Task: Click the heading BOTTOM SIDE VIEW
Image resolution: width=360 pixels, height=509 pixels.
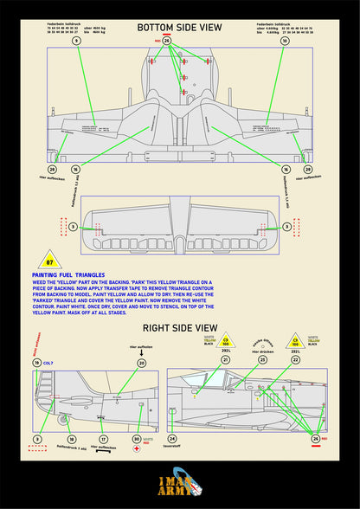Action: (x=179, y=28)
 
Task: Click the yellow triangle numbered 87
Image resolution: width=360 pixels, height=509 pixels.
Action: (x=49, y=261)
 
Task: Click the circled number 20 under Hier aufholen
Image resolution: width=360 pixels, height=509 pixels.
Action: (x=141, y=364)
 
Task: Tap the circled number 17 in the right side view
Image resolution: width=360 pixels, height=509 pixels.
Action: (x=103, y=439)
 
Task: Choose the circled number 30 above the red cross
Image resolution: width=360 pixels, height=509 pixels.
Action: (x=136, y=439)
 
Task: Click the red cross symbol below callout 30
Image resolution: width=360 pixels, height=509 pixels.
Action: (x=136, y=452)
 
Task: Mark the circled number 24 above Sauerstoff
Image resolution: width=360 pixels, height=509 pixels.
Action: (x=172, y=439)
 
